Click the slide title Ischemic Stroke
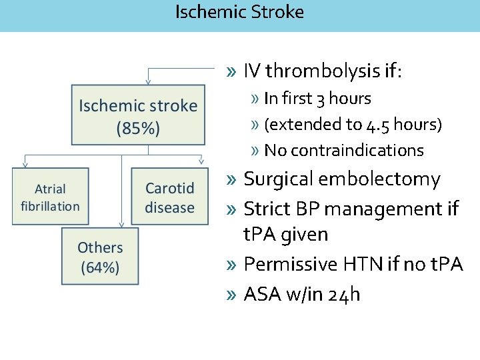tap(239, 12)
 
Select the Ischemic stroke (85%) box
tap(138, 115)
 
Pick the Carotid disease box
tap(169, 197)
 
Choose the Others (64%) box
tap(100, 257)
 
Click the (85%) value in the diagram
tap(138, 129)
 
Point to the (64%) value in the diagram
tap(100, 268)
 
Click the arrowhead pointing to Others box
tap(121, 225)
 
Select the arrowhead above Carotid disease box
tap(201, 161)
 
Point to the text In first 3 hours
tap(317, 99)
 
